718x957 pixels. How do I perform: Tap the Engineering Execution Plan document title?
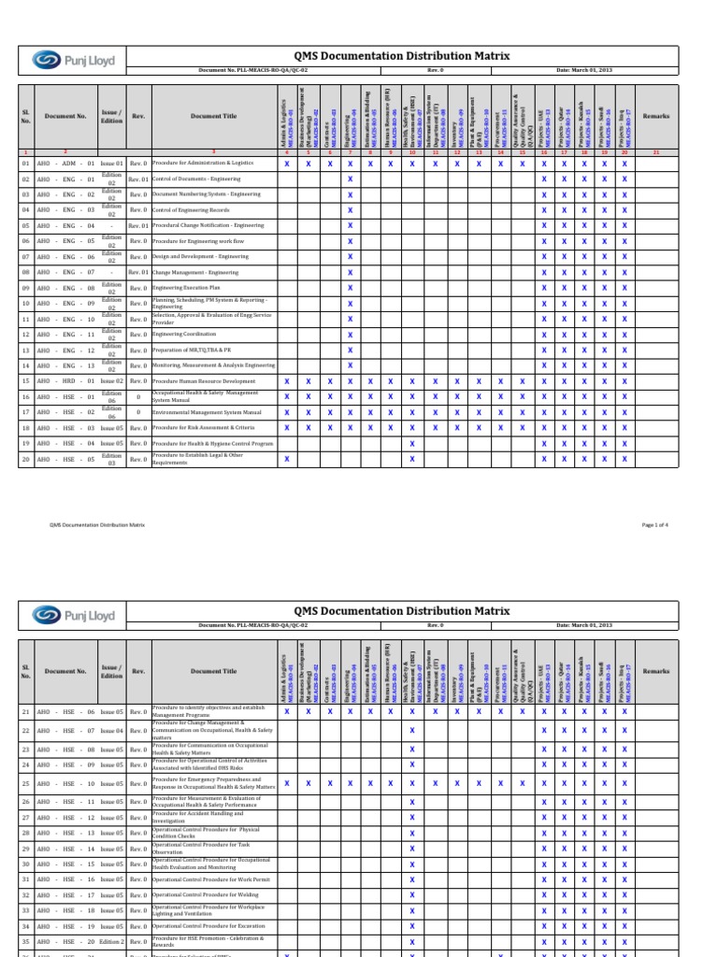pyautogui.click(x=186, y=288)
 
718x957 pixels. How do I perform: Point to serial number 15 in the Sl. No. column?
pyautogui.click(x=26, y=381)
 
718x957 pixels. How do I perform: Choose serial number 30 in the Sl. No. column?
pyautogui.click(x=26, y=864)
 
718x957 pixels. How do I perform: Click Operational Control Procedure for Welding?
pyautogui.click(x=207, y=894)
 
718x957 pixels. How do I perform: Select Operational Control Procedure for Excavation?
pyautogui.click(x=210, y=925)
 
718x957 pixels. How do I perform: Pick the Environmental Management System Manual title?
pyautogui.click(x=207, y=412)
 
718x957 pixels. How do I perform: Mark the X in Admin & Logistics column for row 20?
pyautogui.click(x=286, y=459)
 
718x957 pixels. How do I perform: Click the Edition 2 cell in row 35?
pyautogui.click(x=111, y=941)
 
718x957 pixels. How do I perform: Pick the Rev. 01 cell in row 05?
pyautogui.click(x=137, y=225)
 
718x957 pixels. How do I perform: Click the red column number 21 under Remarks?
pyautogui.click(x=656, y=151)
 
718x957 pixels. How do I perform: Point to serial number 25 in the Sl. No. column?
pyautogui.click(x=26, y=783)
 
